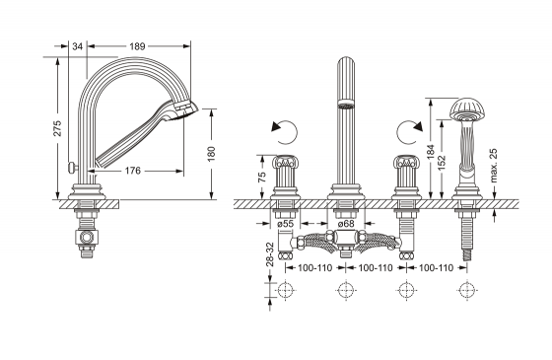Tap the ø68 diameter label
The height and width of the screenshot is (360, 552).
pos(345,223)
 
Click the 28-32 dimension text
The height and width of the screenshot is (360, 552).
pos(268,252)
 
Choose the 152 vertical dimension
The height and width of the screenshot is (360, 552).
pos(444,160)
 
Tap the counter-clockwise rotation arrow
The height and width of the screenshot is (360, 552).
pos(281,130)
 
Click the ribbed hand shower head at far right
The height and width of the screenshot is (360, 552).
pos(463,108)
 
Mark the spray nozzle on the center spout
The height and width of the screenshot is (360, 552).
pos(345,104)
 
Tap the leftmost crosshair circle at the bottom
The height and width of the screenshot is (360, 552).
pos(286,290)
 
